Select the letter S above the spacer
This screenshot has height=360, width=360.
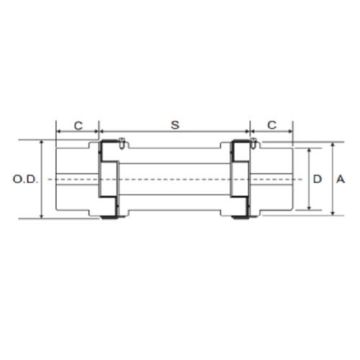pos(174,125)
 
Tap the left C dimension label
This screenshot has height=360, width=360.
pos(78,125)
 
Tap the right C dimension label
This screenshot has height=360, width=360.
pos(271,125)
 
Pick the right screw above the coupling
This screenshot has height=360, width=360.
pos(253,143)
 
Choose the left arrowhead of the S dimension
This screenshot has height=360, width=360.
pos(102,133)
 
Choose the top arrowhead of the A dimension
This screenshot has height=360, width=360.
pos(332,144)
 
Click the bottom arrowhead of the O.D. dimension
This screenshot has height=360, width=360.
pos(42,215)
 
